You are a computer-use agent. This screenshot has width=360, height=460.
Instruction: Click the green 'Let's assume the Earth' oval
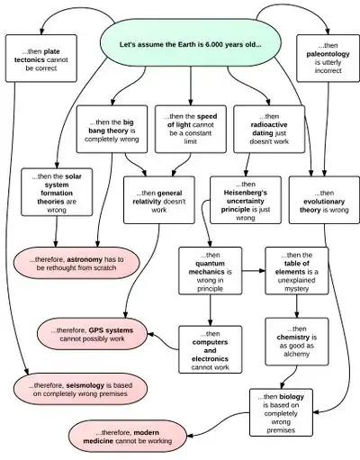pos(190,42)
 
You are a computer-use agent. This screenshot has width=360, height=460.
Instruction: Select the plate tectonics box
pos(41,59)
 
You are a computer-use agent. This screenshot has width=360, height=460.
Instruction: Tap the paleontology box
pos(328,59)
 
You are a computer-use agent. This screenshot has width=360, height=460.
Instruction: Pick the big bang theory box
pos(112,129)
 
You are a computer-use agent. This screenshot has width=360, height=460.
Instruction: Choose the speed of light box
pos(191,129)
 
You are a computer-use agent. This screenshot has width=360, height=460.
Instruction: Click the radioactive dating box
pos(269,129)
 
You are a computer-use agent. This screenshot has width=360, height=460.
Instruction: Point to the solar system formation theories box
pos(57,192)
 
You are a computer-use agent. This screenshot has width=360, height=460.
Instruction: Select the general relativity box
pos(159,200)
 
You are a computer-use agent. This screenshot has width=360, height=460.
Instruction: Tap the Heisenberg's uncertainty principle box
pos(246,200)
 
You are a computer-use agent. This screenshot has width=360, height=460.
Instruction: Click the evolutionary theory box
pos(324,200)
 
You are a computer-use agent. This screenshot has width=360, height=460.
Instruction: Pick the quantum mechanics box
pos(210,271)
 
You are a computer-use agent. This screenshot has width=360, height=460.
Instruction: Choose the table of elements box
pos(297,271)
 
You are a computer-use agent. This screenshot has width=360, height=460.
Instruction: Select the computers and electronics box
pos(210,349)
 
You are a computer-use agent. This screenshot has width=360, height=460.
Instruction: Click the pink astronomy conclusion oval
pos(76,263)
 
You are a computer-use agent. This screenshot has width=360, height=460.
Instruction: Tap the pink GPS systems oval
pos(93,334)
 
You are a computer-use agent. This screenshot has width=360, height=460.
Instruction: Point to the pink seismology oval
pos(80,389)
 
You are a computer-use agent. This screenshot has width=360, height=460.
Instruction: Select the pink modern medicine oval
pos(128,437)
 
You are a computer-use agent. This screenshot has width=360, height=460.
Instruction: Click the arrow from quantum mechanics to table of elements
pos(254,271)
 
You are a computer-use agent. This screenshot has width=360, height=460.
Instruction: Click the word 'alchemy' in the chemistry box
pos(296,354)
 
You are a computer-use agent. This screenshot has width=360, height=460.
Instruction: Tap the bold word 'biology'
pos(292,397)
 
